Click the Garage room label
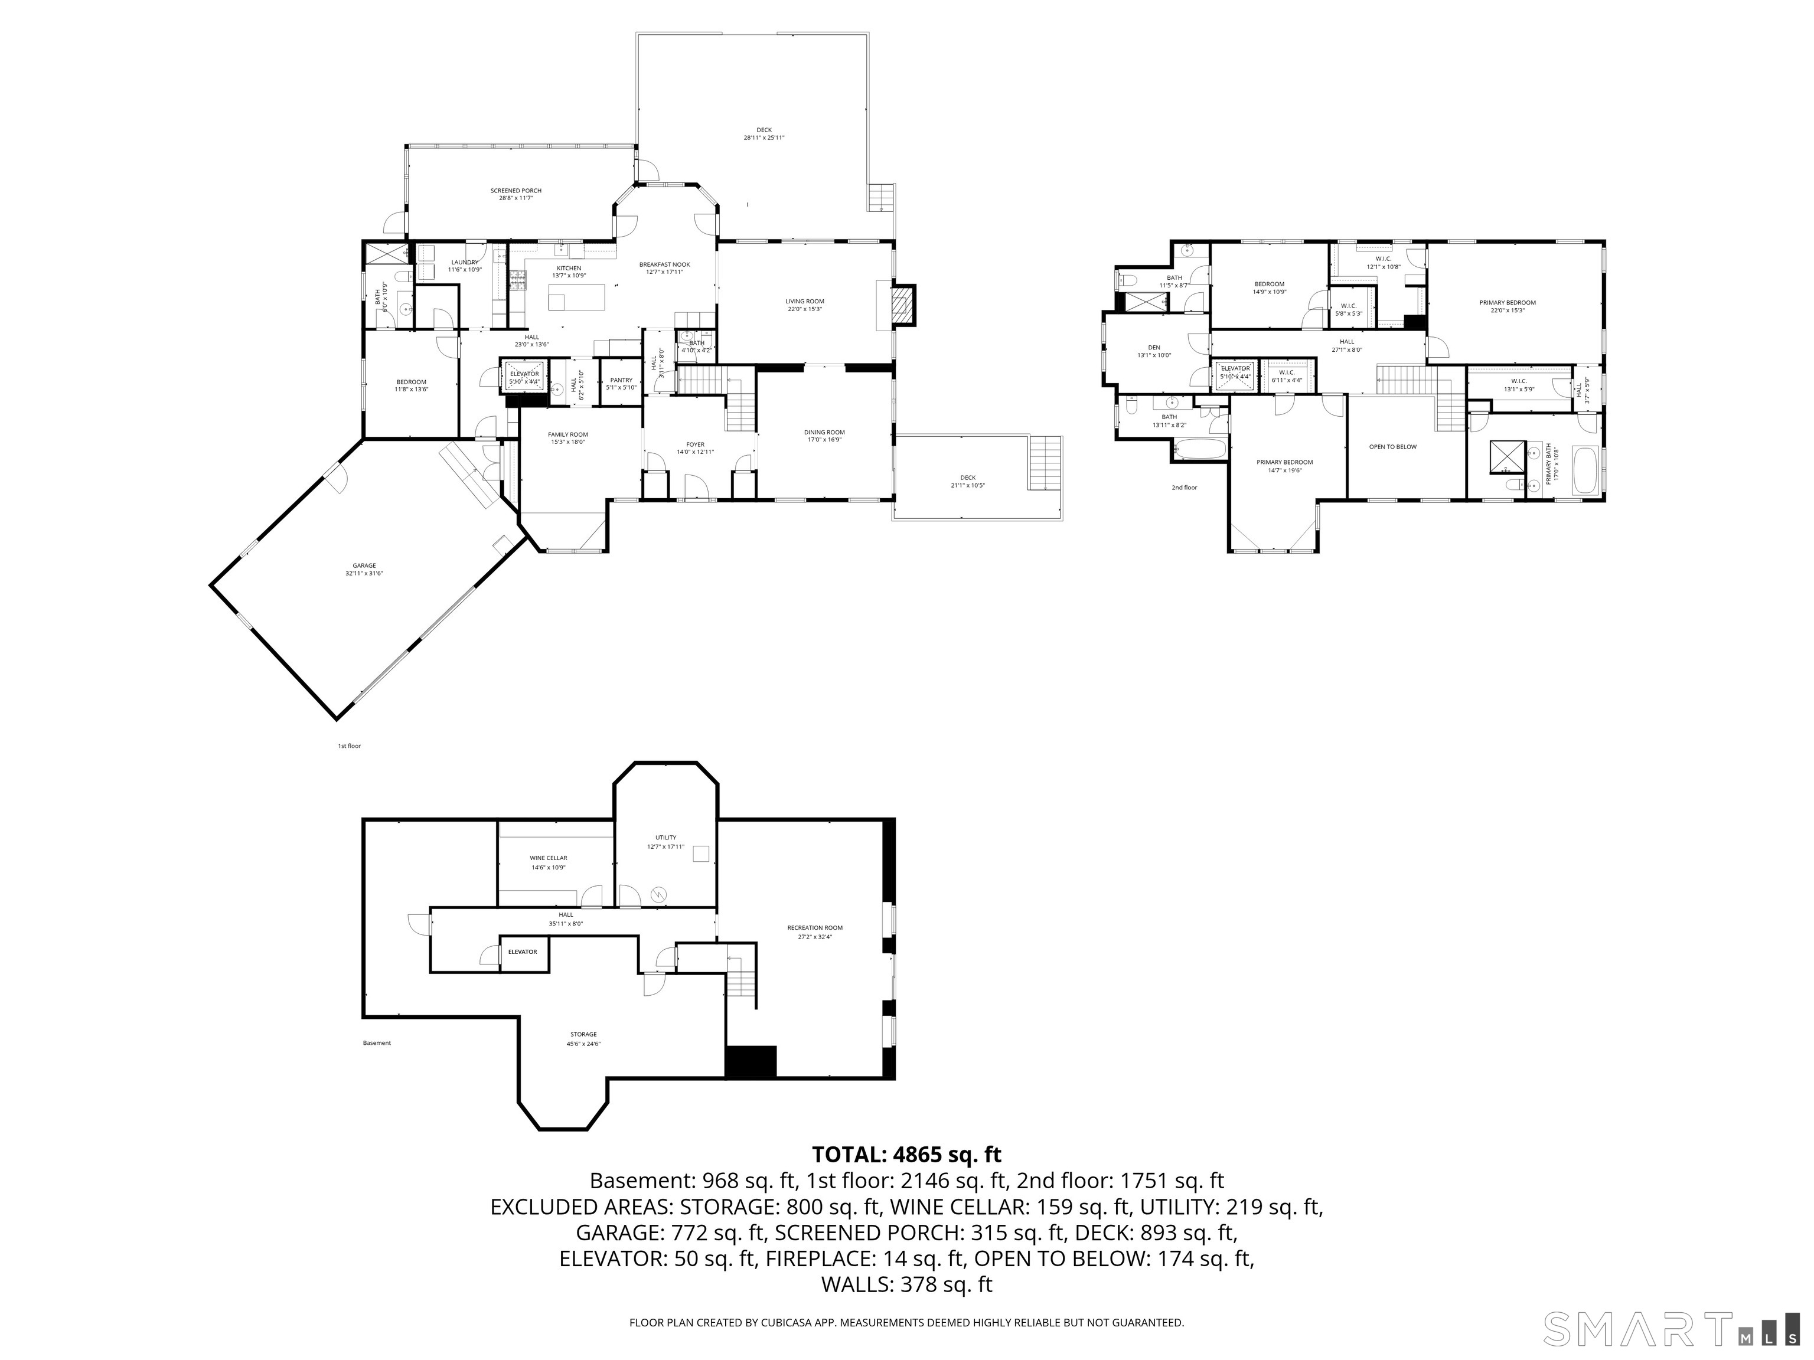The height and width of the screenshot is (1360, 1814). tap(364, 565)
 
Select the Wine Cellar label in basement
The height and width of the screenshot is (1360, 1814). tap(548, 858)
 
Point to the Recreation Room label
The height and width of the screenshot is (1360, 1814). tap(814, 928)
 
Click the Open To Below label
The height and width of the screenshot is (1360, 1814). tap(1392, 447)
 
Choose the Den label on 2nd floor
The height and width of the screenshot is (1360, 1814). tap(1154, 348)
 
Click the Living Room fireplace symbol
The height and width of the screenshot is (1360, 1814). tap(902, 304)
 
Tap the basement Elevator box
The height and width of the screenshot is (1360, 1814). tap(523, 953)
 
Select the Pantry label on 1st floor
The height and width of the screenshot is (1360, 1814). tap(621, 380)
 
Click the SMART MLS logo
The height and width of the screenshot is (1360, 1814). tap(1672, 1330)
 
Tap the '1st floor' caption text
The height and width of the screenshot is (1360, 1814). tap(350, 746)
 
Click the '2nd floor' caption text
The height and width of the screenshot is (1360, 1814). tap(1183, 488)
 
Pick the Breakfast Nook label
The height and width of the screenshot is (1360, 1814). tap(664, 265)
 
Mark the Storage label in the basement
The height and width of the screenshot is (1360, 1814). tap(583, 1035)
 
